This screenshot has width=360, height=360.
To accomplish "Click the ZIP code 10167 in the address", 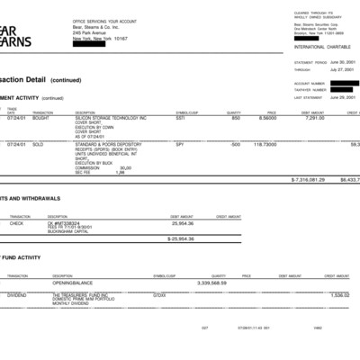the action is pos(121,39).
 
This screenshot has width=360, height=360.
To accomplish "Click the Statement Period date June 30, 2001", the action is pos(343,62).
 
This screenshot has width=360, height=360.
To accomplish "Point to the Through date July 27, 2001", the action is pos(343,68).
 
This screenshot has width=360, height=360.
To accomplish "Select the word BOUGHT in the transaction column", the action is pos(41,117).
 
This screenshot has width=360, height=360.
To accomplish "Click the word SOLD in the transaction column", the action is pos(39,143).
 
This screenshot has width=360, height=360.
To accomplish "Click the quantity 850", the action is pos(236,117).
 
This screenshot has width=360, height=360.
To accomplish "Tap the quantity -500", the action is pos(234,143).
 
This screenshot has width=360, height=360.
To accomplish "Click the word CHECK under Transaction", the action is pos(16,222).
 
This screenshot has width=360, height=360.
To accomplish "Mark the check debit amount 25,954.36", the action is pos(182,222).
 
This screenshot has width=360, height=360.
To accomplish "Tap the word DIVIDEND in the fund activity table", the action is pos(16,294).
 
